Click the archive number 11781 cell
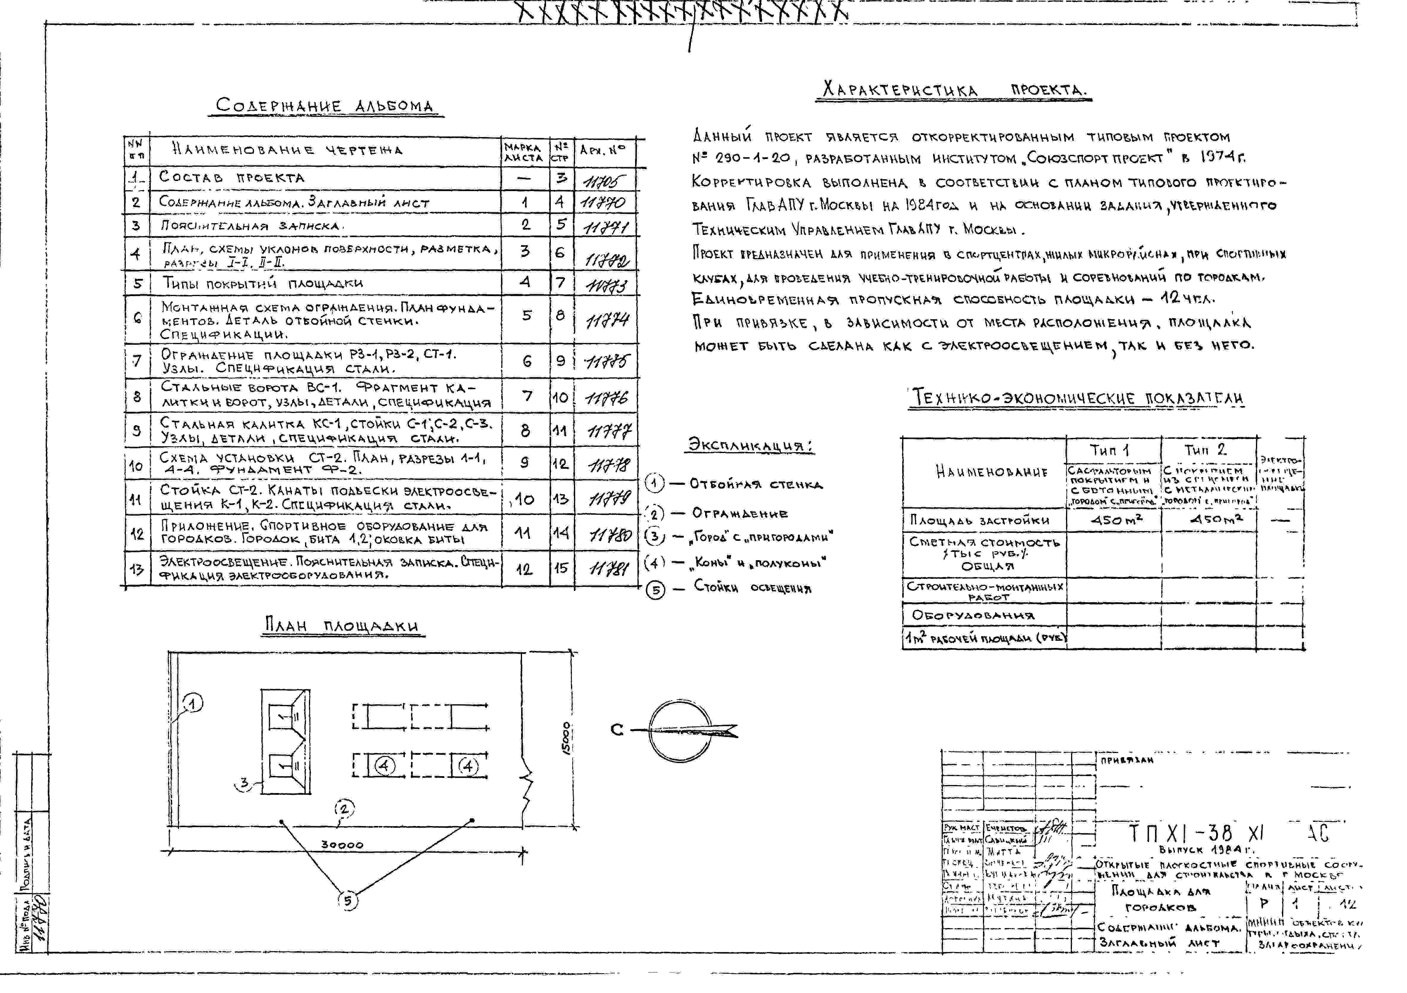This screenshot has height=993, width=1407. coord(608,569)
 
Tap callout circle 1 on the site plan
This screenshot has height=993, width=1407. coord(193,704)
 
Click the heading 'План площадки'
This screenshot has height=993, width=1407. coord(341,625)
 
